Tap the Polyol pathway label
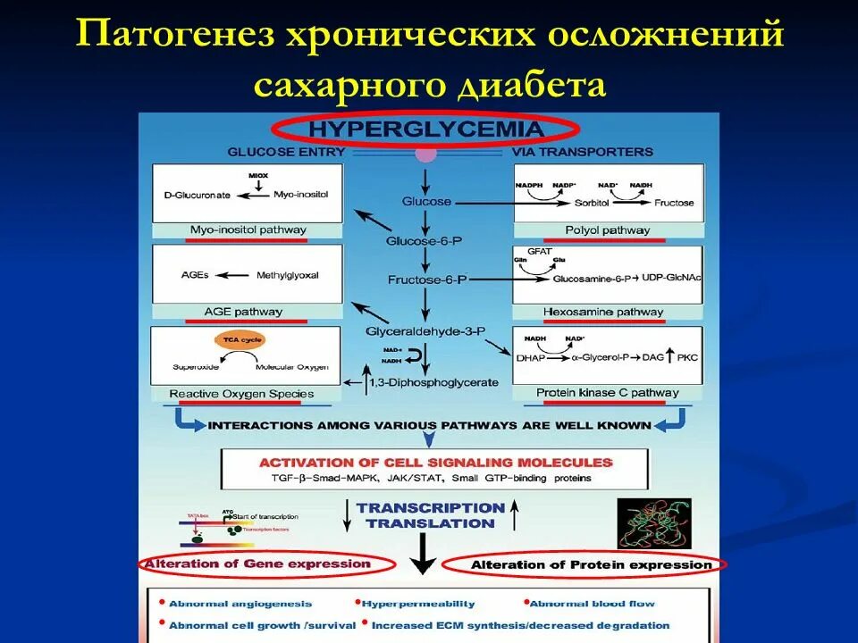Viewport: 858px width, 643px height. click(608, 230)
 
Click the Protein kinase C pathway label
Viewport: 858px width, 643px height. click(607, 393)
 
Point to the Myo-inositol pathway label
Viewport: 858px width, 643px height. click(248, 230)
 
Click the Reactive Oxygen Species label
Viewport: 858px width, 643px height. click(241, 394)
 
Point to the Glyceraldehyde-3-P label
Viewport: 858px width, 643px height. click(425, 330)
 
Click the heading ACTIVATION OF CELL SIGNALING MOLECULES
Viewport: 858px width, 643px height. click(436, 463)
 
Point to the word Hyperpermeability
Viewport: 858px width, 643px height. click(418, 605)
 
